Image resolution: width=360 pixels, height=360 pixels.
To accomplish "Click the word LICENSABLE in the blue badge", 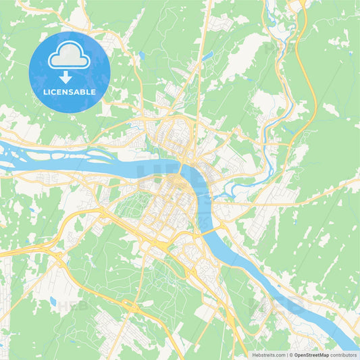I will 69,91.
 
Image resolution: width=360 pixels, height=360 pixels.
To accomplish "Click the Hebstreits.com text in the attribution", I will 268,355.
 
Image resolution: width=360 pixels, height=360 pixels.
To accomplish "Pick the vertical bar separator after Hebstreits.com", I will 286,355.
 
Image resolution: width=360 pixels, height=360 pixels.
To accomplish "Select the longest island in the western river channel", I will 41,154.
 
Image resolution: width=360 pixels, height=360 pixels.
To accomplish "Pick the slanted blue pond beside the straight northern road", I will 207,55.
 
